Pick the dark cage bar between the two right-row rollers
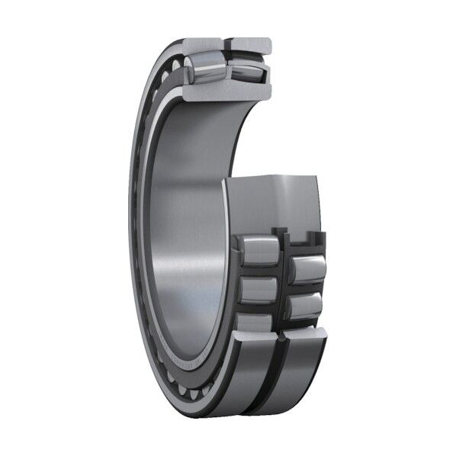pos(305,289)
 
